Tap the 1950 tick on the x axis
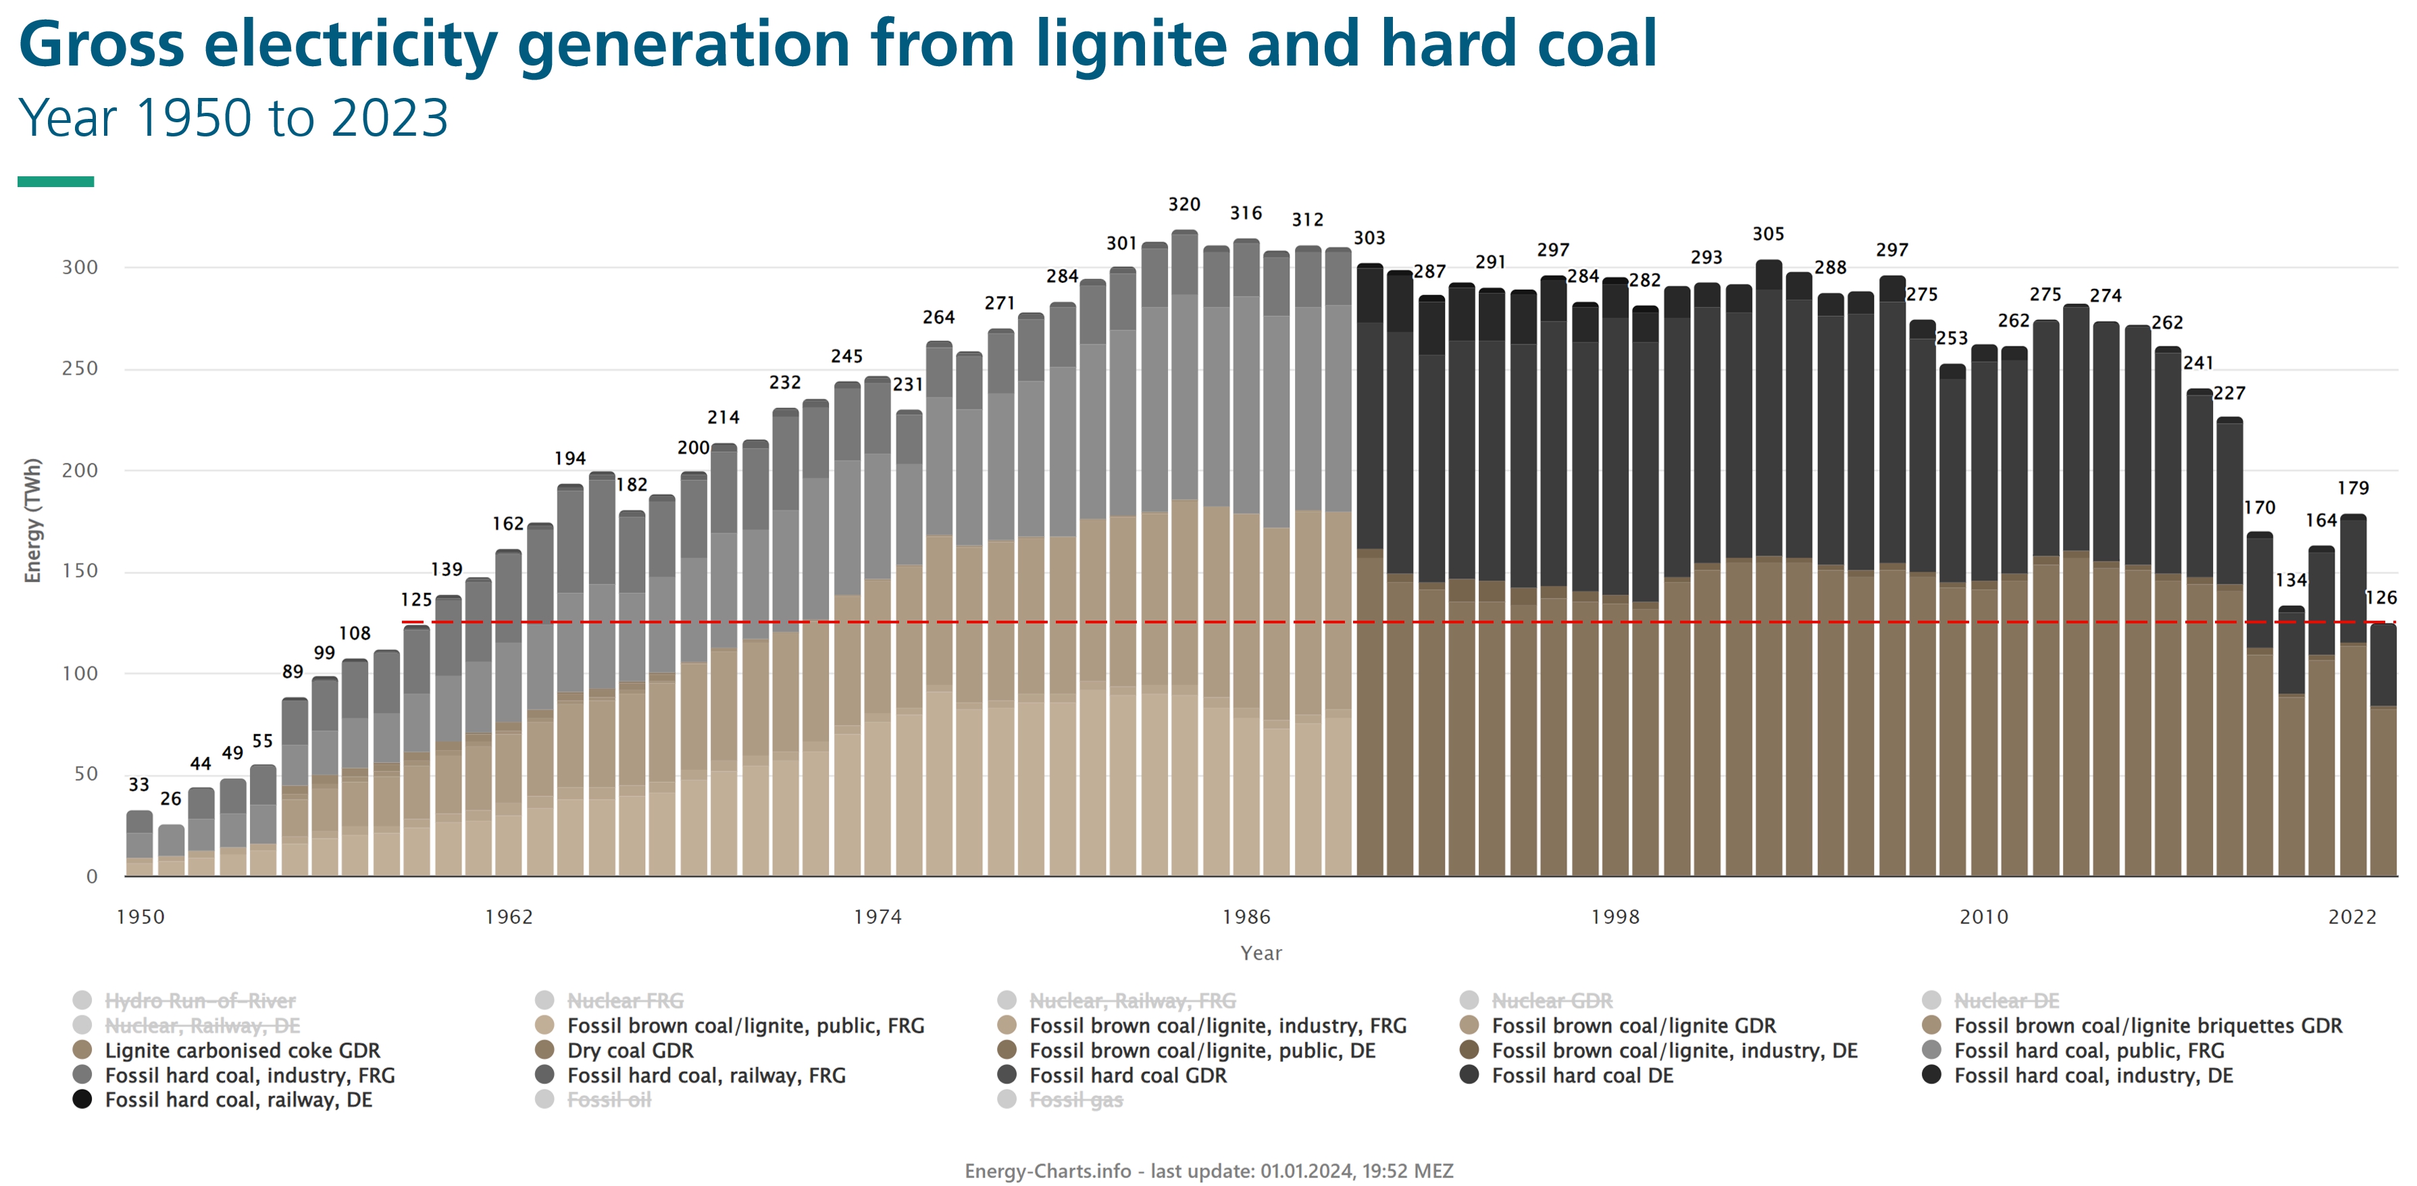point(140,917)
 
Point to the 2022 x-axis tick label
point(2351,917)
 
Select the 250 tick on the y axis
point(80,369)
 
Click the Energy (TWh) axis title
point(33,521)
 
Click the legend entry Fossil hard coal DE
point(1582,1075)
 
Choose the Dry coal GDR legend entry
point(630,1051)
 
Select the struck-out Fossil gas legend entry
point(1075,1100)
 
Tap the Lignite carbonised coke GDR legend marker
point(82,1051)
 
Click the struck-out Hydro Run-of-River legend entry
point(200,1001)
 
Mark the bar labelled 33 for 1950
point(140,844)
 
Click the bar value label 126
point(2381,598)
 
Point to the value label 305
point(1768,234)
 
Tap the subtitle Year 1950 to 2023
point(234,118)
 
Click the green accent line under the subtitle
point(55,181)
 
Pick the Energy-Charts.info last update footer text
point(1208,1171)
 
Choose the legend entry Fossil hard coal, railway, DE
point(238,1100)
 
